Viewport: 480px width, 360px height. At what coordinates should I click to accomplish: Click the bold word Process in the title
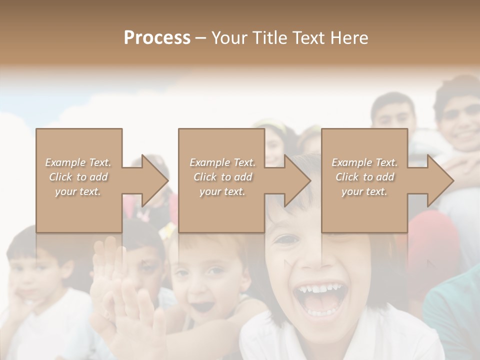click(x=157, y=38)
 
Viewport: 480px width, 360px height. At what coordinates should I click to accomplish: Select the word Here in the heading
click(x=348, y=38)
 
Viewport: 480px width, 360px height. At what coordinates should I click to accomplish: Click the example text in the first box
click(x=78, y=177)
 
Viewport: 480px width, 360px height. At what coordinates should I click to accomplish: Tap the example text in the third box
click(x=364, y=177)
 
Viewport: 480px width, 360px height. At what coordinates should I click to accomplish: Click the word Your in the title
click(x=228, y=38)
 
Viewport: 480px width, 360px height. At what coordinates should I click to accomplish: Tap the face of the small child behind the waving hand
click(x=202, y=280)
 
